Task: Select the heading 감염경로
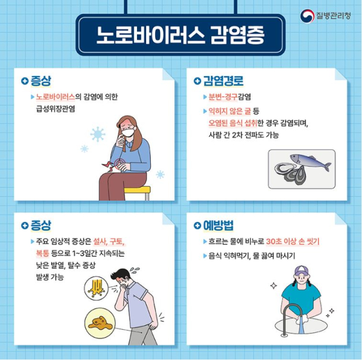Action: (x=222, y=81)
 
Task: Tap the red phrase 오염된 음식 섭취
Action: (x=232, y=124)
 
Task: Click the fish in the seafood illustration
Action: (x=310, y=162)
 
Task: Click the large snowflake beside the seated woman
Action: (x=97, y=134)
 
